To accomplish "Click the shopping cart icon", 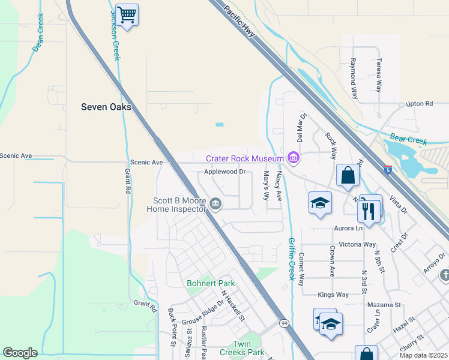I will pyautogui.click(x=127, y=15).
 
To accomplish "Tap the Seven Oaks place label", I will pyautogui.click(x=106, y=107).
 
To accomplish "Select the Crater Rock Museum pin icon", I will pyautogui.click(x=294, y=158).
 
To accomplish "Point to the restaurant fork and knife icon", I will pyautogui.click(x=367, y=211).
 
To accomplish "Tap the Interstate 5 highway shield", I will pyautogui.click(x=388, y=170).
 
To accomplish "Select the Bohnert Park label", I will pyautogui.click(x=211, y=283).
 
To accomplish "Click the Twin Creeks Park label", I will pyautogui.click(x=240, y=349).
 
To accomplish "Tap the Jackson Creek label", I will pyautogui.click(x=114, y=34).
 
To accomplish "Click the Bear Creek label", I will pyautogui.click(x=408, y=140).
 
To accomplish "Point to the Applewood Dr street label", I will pyautogui.click(x=225, y=172).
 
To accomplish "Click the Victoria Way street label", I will pyautogui.click(x=357, y=244).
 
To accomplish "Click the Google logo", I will pyautogui.click(x=20, y=353).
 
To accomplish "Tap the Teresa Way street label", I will pyautogui.click(x=378, y=74).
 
